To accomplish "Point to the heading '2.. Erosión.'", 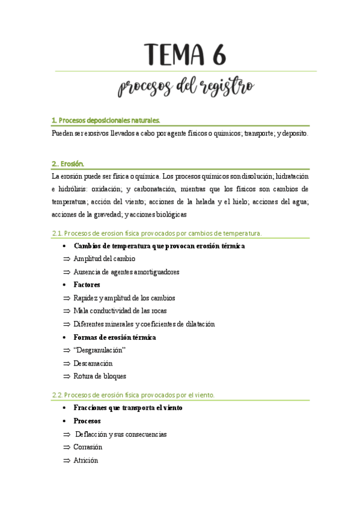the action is tap(68, 163).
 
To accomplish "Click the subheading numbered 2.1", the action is tap(157, 233).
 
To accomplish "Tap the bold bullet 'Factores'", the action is tap(87, 284).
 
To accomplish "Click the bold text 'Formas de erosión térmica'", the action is tap(114, 337).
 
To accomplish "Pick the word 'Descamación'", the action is tap(93, 363).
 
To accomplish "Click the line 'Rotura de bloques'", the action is tap(100, 376).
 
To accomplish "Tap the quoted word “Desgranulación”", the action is tap(99, 350).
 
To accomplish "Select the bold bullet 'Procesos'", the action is tap(87, 421).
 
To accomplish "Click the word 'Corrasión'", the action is tap(88, 447).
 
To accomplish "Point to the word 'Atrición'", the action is tap(86, 460).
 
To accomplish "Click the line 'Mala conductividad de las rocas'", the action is tap(120, 311).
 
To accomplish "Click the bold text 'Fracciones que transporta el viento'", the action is tap(128, 408).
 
